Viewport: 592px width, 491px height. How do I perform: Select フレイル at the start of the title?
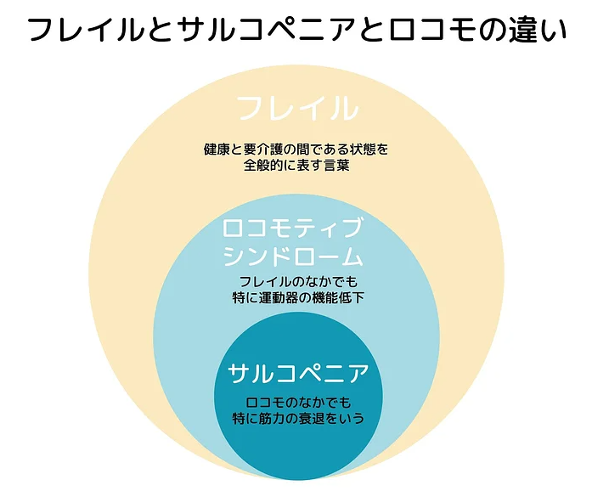click(x=85, y=29)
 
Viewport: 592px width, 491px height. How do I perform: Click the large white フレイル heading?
click(x=296, y=109)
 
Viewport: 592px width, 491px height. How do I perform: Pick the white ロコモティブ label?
click(x=292, y=228)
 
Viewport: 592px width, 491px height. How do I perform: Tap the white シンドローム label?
click(x=292, y=256)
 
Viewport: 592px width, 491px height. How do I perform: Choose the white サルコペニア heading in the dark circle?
click(x=298, y=373)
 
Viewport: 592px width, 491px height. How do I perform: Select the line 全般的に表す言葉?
click(x=296, y=166)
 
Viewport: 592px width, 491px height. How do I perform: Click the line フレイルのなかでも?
click(x=298, y=281)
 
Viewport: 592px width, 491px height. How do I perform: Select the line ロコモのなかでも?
click(x=298, y=402)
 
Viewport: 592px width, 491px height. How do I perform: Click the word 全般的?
click(x=263, y=166)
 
